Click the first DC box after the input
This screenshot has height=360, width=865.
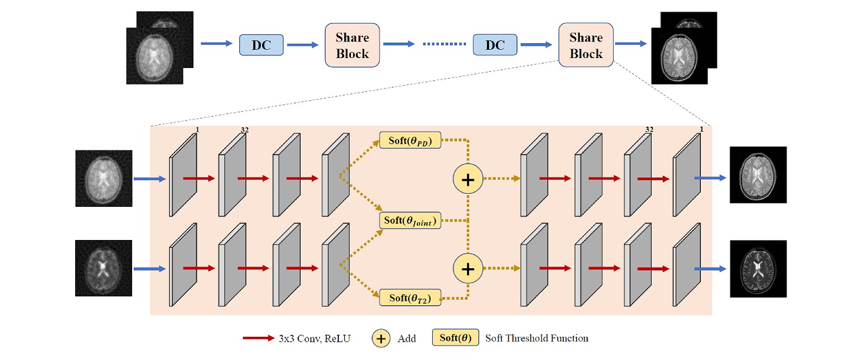point(261,45)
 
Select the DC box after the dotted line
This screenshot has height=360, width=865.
point(495,45)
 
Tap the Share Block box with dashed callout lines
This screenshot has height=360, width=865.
point(586,45)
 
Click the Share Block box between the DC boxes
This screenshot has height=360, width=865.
point(352,45)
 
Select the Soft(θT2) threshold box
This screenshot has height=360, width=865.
point(410,298)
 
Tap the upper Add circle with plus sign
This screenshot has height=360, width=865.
point(468,180)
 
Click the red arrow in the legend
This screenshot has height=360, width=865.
point(258,338)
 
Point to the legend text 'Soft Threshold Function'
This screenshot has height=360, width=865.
point(536,338)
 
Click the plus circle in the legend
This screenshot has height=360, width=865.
point(381,338)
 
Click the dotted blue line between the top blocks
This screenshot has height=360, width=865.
point(443,45)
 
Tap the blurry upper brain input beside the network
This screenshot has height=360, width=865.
point(104,178)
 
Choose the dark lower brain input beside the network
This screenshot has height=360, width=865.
point(104,268)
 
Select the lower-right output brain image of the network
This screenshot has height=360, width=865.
point(758,268)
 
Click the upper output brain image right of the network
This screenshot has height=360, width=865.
point(758,174)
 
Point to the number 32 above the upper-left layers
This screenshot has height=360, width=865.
point(245,130)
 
